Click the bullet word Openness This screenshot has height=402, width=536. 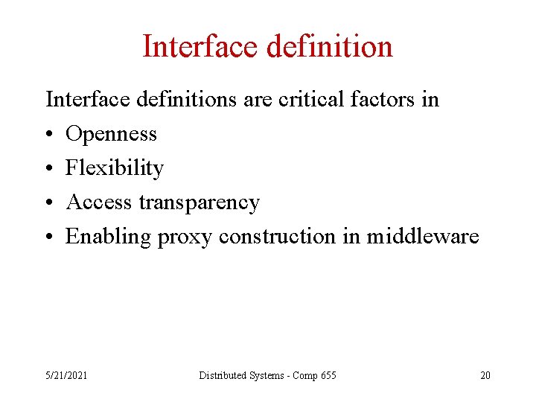pos(111,134)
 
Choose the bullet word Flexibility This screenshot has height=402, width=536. pos(114,168)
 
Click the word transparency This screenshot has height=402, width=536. pos(199,202)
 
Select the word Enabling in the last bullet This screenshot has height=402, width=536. pos(108,237)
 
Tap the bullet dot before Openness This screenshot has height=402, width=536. pos(50,135)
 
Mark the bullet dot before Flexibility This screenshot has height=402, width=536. pos(50,169)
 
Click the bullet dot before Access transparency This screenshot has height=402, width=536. pos(50,203)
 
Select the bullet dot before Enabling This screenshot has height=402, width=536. pos(50,237)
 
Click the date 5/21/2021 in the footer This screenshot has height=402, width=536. pos(66,375)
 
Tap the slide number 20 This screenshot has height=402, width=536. pos(485,375)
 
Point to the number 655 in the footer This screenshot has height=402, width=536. pos(328,375)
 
